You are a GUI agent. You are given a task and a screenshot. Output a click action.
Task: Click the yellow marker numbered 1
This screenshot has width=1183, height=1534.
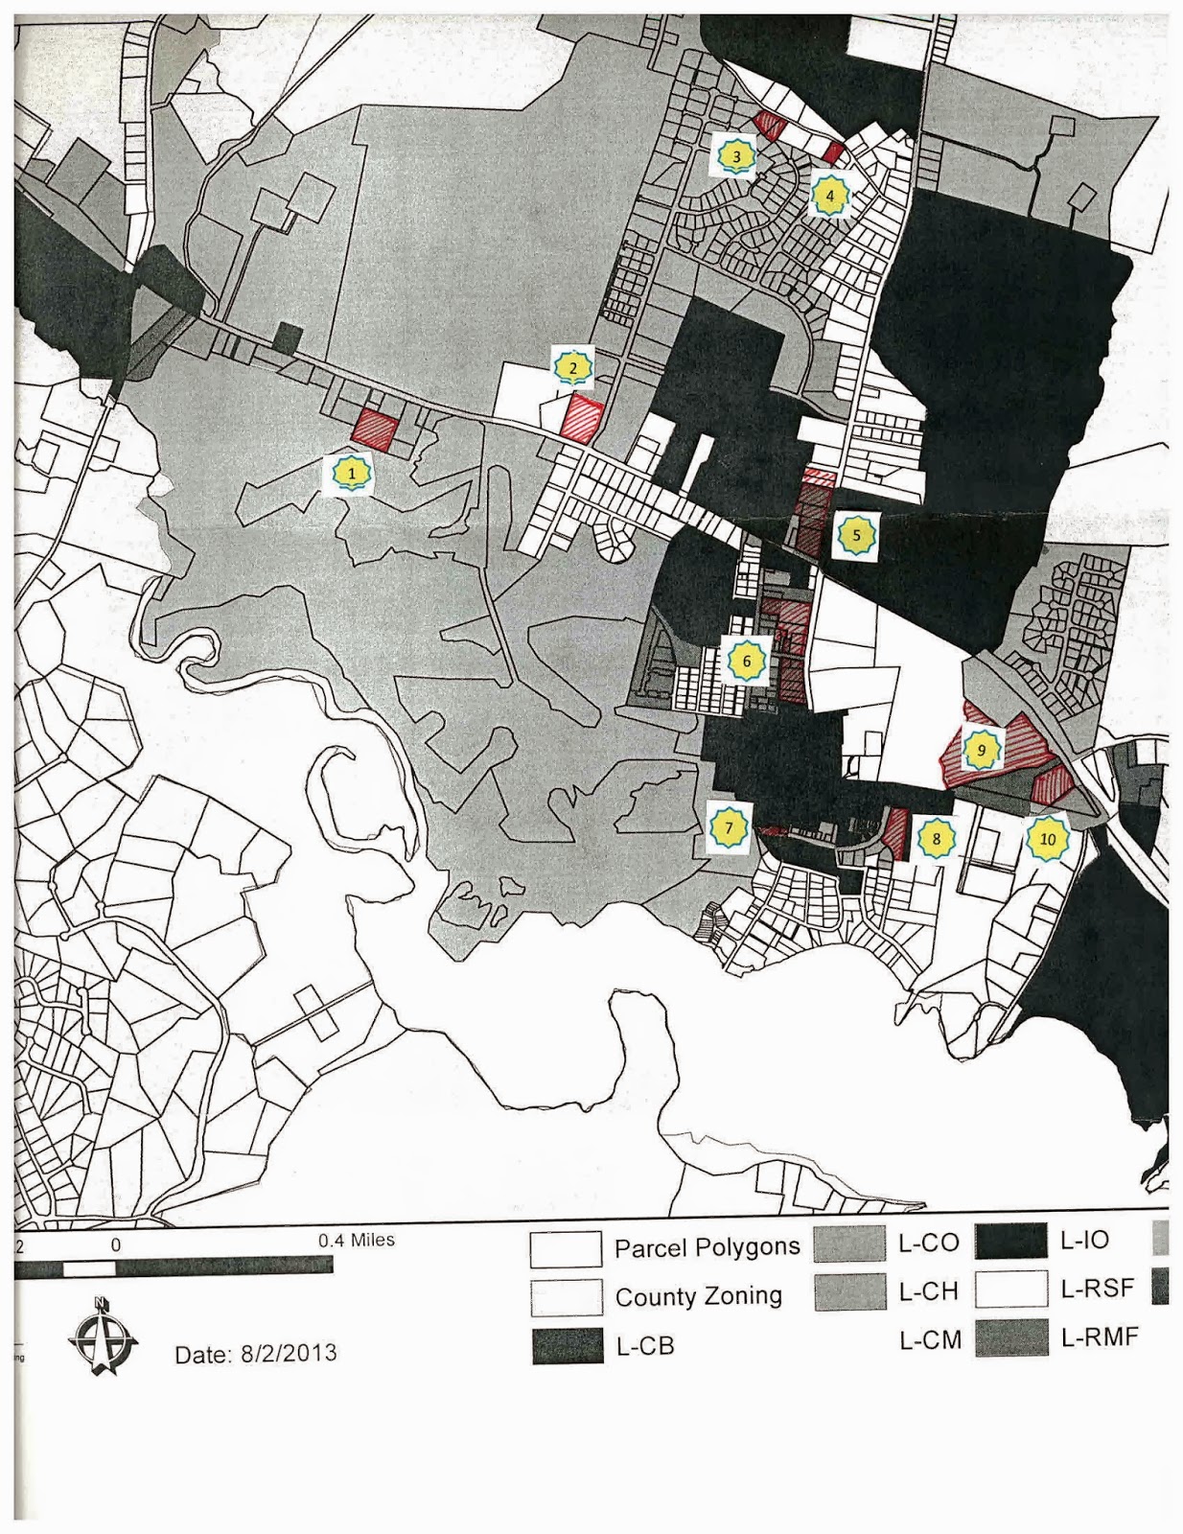coord(352,473)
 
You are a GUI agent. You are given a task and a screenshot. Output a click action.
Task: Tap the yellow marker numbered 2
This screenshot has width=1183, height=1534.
coord(573,367)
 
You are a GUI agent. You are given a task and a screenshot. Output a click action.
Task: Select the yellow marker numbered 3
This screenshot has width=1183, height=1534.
coord(735,155)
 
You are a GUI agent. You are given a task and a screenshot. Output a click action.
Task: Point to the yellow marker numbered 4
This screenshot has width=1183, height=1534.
coord(830,196)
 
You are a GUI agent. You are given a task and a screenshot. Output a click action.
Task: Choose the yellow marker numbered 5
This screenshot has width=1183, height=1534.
coord(856,536)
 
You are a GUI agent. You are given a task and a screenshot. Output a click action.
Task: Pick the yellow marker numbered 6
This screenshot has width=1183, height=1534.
coord(746,661)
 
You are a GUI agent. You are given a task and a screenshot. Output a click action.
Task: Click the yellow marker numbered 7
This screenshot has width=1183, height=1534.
coord(729,828)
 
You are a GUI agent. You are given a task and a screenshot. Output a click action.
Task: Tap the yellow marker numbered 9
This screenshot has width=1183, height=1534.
coord(980,750)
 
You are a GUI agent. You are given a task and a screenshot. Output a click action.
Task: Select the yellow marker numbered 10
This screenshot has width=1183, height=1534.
coord(1047,839)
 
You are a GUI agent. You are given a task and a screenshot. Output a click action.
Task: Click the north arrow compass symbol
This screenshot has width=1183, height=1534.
coord(103,1336)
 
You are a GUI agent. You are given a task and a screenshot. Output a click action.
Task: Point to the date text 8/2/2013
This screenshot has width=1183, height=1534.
coord(256,1353)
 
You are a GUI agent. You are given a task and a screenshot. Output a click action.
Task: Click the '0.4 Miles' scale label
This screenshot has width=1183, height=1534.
coord(357,1240)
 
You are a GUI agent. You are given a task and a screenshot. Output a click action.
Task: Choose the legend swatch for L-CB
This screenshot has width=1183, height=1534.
coord(568,1346)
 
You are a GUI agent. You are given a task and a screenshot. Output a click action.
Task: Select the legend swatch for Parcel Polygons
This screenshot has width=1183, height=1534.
coord(566,1248)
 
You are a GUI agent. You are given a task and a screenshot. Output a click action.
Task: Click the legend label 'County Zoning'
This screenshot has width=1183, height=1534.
coord(698,1296)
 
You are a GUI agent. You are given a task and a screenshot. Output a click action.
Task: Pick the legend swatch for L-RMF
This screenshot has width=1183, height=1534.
coord(1010,1338)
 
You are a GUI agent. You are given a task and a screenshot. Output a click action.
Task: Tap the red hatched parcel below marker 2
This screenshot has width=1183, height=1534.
coord(581,418)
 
